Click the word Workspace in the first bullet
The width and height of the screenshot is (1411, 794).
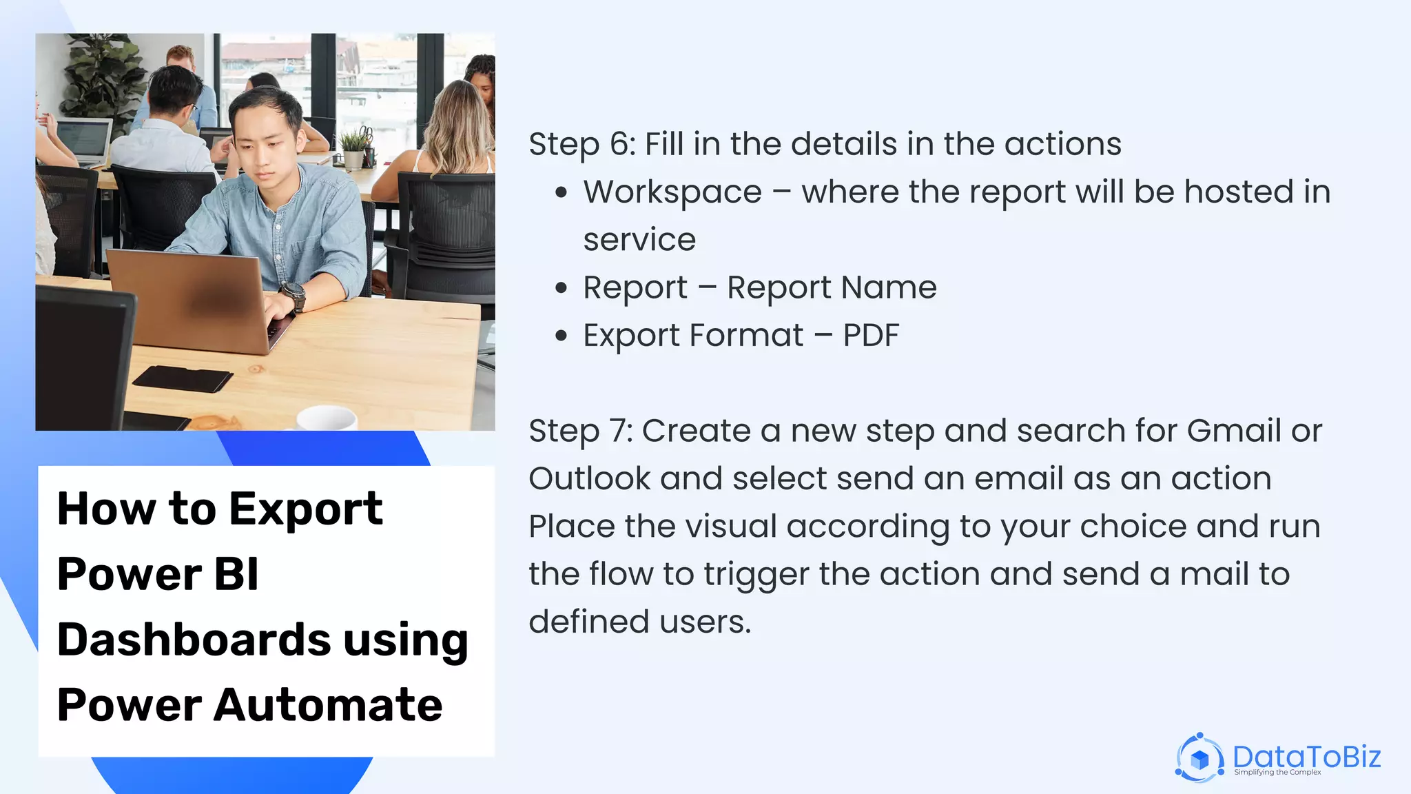click(x=672, y=192)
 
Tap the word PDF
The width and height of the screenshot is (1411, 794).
click(x=871, y=336)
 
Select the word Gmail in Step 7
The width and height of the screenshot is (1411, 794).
click(x=1234, y=431)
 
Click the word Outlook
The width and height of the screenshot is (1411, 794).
click(x=589, y=479)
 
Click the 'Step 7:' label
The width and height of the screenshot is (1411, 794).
click(x=580, y=431)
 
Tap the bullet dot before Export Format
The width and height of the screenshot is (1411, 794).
click(x=562, y=336)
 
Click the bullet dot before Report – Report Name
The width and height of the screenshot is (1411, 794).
click(x=562, y=288)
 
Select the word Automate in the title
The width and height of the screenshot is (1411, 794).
click(x=327, y=705)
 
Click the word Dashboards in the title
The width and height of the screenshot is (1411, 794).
click(x=194, y=640)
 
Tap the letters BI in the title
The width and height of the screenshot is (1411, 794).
click(x=236, y=574)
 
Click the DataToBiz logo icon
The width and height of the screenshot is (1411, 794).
click(x=1199, y=758)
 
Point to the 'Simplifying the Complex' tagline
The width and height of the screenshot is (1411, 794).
click(x=1277, y=773)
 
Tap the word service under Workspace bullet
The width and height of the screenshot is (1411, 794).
click(x=639, y=241)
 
